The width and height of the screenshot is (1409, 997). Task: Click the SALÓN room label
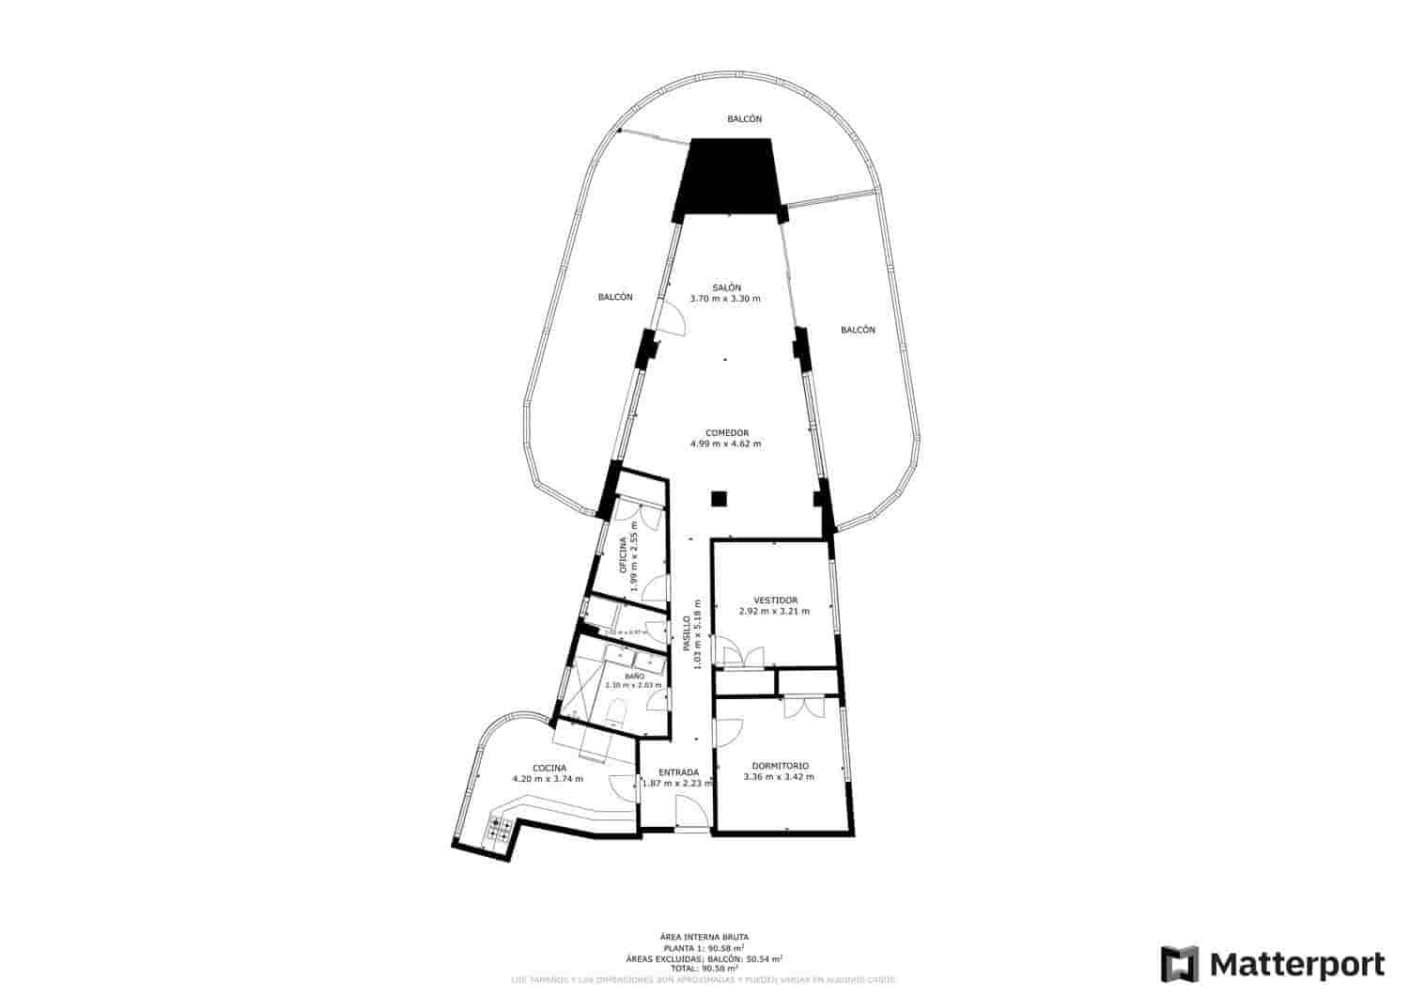coord(726,288)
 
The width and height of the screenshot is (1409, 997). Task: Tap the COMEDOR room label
coord(726,432)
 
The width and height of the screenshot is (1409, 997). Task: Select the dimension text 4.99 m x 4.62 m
coord(725,444)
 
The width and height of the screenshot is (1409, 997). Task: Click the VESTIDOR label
coord(775,600)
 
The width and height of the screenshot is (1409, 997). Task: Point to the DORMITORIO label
coord(780,766)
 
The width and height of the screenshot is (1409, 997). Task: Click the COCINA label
coord(549,768)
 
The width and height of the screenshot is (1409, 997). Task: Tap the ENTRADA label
coord(677,772)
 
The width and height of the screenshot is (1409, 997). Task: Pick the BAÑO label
coord(634,676)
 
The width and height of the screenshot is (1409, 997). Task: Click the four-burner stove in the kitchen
coord(500,829)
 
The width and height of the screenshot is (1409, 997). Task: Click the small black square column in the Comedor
coord(719,498)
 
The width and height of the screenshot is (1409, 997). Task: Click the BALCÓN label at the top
coord(744,119)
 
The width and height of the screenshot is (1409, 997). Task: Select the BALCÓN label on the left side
coord(615,297)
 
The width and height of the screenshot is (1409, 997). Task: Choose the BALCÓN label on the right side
coord(858,330)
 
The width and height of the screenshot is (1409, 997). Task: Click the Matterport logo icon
coord(1180,964)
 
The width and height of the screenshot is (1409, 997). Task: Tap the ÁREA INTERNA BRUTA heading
coord(704,937)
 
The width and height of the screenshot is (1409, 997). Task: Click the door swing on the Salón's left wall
coord(671,319)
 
